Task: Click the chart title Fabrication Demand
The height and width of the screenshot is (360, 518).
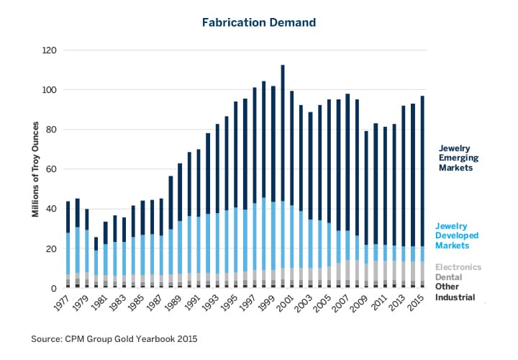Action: [258, 22]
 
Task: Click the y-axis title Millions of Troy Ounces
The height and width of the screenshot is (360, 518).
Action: [34, 169]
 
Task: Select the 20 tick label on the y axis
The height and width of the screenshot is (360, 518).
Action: [52, 249]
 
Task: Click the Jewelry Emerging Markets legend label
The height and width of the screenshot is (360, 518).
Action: [458, 157]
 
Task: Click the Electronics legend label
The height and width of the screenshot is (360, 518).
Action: [458, 267]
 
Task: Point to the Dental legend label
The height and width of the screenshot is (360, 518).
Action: [450, 276]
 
